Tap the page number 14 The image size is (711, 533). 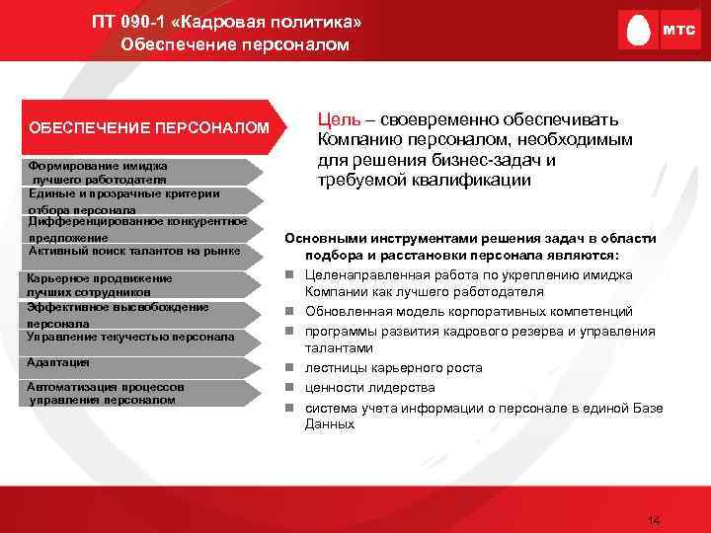tap(652, 520)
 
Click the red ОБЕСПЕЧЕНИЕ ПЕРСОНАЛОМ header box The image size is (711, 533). tap(148, 128)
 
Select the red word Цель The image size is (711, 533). tap(337, 119)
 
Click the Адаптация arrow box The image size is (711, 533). tap(138, 362)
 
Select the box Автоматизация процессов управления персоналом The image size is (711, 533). tap(138, 393)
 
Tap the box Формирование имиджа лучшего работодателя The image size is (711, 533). tap(138, 173)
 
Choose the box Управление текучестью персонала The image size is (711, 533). tap(138, 337)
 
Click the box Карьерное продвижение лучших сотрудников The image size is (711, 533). tap(138, 285)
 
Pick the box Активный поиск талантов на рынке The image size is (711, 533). tap(138, 251)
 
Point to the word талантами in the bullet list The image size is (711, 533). tap(339, 348)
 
